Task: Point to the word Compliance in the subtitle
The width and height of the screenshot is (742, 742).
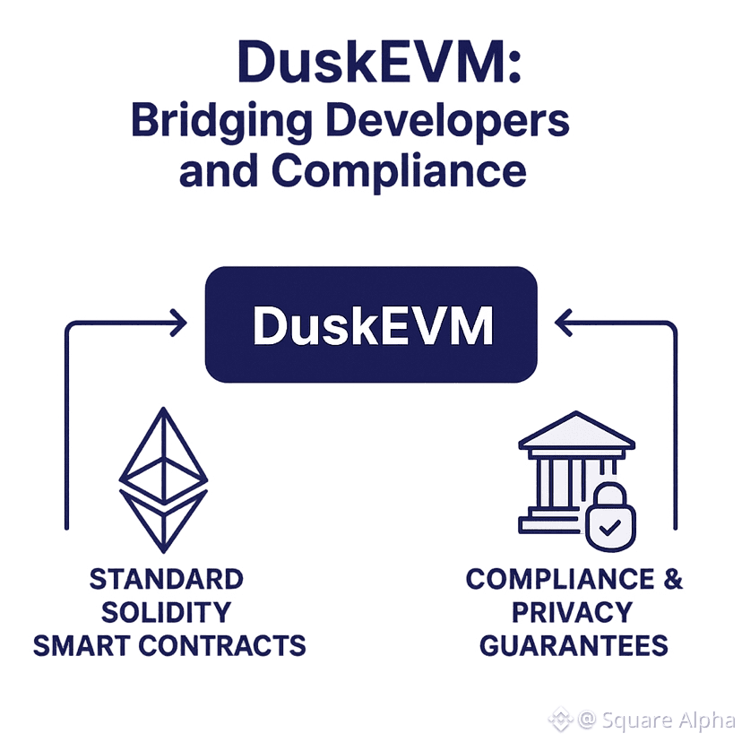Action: tap(400, 170)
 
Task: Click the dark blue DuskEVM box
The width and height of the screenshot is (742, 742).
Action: tap(371, 324)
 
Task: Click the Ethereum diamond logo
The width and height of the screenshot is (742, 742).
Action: tap(163, 479)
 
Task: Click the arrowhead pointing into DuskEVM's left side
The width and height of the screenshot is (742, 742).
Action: tap(178, 320)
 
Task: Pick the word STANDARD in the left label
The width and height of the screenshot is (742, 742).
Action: tap(167, 579)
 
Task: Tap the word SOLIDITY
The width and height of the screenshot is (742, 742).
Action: tap(167, 613)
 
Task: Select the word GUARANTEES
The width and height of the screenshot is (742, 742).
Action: tap(574, 645)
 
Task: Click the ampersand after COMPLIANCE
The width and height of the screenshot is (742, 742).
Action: tap(672, 579)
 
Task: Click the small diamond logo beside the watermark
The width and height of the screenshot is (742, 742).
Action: tap(561, 718)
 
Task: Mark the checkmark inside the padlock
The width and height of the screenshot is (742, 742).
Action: tap(610, 527)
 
